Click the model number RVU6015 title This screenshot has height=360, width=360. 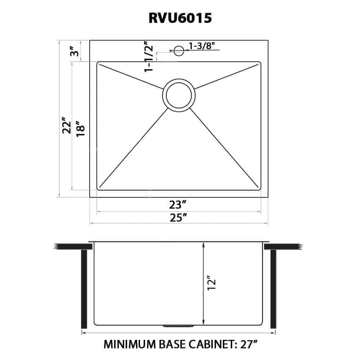coord(180,18)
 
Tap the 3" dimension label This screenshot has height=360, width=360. coord(75,51)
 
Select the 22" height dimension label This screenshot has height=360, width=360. coord(66,125)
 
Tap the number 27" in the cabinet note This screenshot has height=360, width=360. coord(248,344)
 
